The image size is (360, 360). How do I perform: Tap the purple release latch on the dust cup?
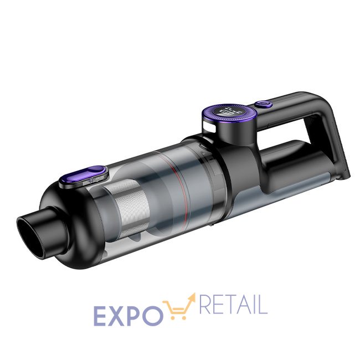[x=83, y=176]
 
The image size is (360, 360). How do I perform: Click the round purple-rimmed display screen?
[x=228, y=112]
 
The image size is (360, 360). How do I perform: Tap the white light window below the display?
[x=209, y=127]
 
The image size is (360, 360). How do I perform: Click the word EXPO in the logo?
[x=128, y=316]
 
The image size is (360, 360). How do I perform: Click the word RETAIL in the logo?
[x=233, y=305]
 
